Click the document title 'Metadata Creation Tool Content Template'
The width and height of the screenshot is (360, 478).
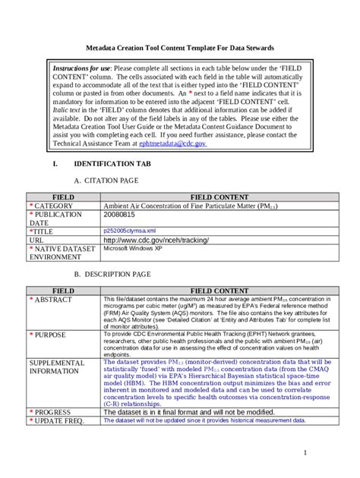coord(180,46)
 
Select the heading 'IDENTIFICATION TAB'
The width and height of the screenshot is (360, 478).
coord(109,163)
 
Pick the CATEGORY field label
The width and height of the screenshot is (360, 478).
coord(52,206)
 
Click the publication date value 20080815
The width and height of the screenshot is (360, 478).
coord(120,215)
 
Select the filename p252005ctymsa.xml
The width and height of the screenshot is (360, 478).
coord(129,230)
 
